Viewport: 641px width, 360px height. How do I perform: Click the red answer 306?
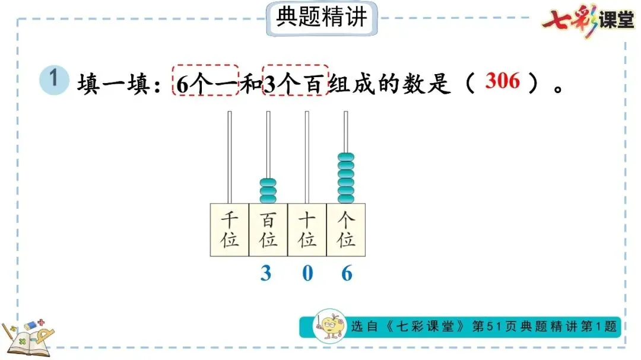(502, 81)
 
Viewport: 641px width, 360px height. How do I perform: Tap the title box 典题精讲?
(321, 18)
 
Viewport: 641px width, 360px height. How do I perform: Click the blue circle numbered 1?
(53, 80)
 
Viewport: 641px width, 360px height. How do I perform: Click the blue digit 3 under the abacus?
(266, 273)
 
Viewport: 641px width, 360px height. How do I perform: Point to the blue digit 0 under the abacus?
(307, 273)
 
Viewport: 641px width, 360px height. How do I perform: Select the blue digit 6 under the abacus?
(347, 273)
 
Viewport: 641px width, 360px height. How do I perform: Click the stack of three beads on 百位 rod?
(268, 190)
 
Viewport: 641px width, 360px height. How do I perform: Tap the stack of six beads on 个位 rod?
(346, 178)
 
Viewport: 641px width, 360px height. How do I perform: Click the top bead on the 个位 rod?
(346, 158)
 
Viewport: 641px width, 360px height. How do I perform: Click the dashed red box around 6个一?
(205, 81)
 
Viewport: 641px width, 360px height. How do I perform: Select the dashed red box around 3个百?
(295, 81)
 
